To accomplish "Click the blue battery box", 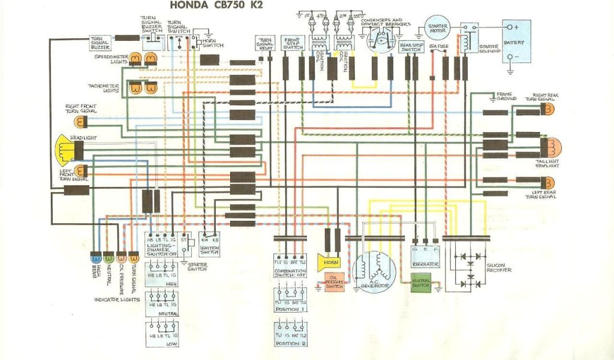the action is (516, 42).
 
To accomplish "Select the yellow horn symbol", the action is (328, 262).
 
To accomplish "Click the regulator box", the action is (426, 256).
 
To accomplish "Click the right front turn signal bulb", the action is (80, 122).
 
